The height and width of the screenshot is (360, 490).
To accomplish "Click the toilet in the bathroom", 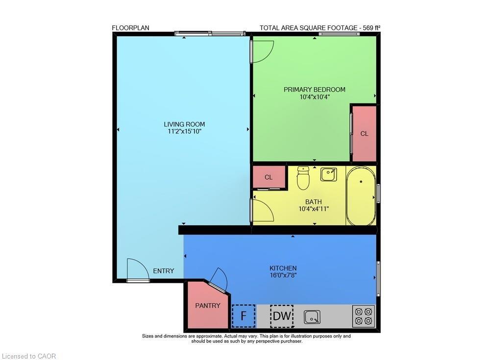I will pos(304,179).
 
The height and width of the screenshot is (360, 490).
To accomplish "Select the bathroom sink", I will pos(328,174).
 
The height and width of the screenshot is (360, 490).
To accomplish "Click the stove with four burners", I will pos(364,316).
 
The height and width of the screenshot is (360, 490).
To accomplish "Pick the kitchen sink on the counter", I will pos(312,317).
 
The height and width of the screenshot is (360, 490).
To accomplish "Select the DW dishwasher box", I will pos(282,316).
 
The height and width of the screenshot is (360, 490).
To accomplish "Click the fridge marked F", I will pos(243,316).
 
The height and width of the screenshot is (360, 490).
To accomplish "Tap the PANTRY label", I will pos(208,306).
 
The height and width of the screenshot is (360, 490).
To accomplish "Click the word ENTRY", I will pos(164,271).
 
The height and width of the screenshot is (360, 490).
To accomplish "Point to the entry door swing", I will pos(137,269).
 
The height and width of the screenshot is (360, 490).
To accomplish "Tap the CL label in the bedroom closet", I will pos(364,134).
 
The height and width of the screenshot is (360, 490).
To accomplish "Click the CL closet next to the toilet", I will pos(269,177).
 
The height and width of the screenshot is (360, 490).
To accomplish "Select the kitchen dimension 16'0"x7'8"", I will pos(283,275).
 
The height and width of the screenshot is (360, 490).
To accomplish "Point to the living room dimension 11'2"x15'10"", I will pos(184,131).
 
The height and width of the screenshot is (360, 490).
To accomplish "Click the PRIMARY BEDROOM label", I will pos(315,90).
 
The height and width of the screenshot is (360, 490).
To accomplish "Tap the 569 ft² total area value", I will pos(371,28).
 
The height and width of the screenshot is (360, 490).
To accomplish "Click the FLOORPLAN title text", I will pos(131,28).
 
